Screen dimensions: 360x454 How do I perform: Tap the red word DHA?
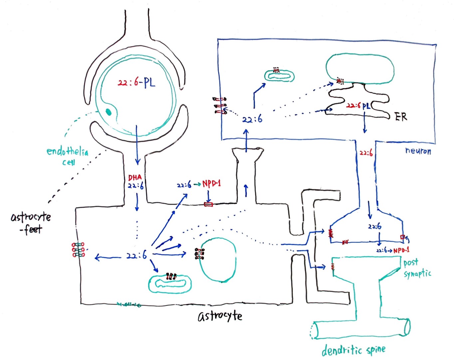pyautogui.click(x=135, y=178)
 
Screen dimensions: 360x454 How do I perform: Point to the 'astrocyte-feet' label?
pyautogui.click(x=31, y=222)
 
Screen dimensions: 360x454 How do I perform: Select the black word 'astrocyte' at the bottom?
pyautogui.click(x=220, y=316)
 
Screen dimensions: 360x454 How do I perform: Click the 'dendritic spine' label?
pyautogui.click(x=353, y=350)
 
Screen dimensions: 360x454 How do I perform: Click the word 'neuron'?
pyautogui.click(x=418, y=151)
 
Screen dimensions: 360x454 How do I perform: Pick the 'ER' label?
pyautogui.click(x=400, y=117)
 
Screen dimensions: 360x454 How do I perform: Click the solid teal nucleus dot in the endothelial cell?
pyautogui.click(x=109, y=112)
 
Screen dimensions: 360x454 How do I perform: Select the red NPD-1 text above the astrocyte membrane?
pyautogui.click(x=211, y=184)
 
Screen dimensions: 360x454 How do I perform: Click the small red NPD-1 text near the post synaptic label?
pyautogui.click(x=401, y=250)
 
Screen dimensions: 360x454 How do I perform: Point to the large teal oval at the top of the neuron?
pyautogui.click(x=360, y=69)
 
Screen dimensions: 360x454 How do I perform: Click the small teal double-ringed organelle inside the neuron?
pyautogui.click(x=279, y=76)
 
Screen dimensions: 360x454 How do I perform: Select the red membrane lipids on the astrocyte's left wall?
pyautogui.click(x=78, y=250)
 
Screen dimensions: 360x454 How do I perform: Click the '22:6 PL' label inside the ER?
pyautogui.click(x=358, y=106)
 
